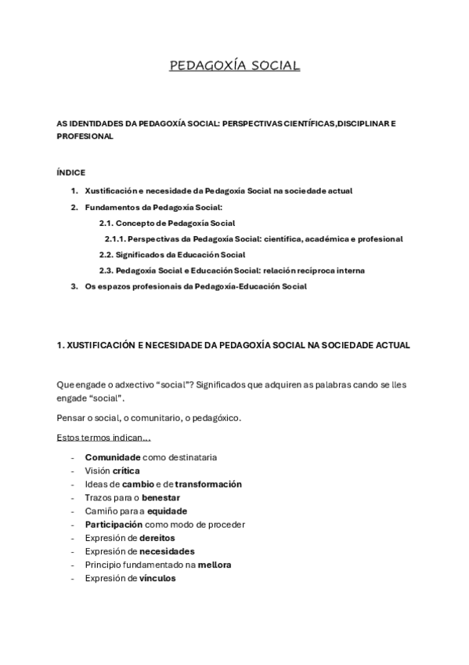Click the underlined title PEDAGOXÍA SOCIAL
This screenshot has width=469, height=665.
(235, 66)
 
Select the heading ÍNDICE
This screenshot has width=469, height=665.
(71, 173)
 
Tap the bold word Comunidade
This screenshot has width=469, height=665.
(113, 457)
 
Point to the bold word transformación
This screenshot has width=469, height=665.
(208, 484)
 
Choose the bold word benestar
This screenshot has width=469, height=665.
(161, 497)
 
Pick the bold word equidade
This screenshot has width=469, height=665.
(168, 511)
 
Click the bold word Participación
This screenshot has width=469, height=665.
(114, 524)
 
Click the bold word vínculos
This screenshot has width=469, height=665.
(157, 578)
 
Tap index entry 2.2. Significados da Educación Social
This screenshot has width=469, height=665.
(172, 255)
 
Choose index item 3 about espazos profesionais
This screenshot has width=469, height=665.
(195, 286)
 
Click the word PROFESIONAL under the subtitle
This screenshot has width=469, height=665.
(85, 136)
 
